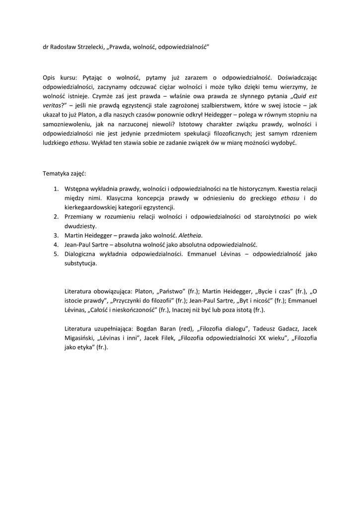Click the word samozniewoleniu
click(65, 125)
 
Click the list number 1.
click(56, 189)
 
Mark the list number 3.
click(56, 235)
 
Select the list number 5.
click(56, 254)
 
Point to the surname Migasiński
click(81, 338)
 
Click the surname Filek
click(167, 338)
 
